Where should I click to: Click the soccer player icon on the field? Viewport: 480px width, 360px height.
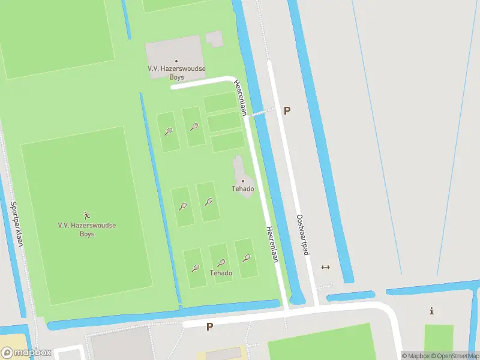(x=87, y=215)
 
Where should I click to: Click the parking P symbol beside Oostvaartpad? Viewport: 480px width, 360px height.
(x=287, y=110)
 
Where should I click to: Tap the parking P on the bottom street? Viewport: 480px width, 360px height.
(x=209, y=327)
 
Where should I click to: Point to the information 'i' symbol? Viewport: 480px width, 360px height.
(x=431, y=311)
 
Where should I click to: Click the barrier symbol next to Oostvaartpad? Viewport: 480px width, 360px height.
(x=326, y=268)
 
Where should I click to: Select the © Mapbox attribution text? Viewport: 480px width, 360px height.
(x=416, y=356)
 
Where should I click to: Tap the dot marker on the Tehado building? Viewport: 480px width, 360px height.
(x=243, y=181)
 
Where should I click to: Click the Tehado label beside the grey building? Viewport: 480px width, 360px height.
(x=243, y=189)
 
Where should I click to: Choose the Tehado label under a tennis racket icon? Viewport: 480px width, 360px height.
(x=221, y=273)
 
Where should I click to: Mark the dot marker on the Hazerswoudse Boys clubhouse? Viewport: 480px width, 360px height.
(x=176, y=61)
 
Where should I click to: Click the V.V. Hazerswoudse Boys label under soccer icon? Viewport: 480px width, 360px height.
(x=87, y=229)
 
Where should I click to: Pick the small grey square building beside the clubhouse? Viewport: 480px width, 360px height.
(x=214, y=38)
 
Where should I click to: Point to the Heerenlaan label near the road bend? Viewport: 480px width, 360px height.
(x=241, y=97)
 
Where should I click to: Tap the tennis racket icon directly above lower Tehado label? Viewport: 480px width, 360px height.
(x=221, y=263)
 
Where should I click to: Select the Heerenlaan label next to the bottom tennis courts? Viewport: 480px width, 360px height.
(x=272, y=244)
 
